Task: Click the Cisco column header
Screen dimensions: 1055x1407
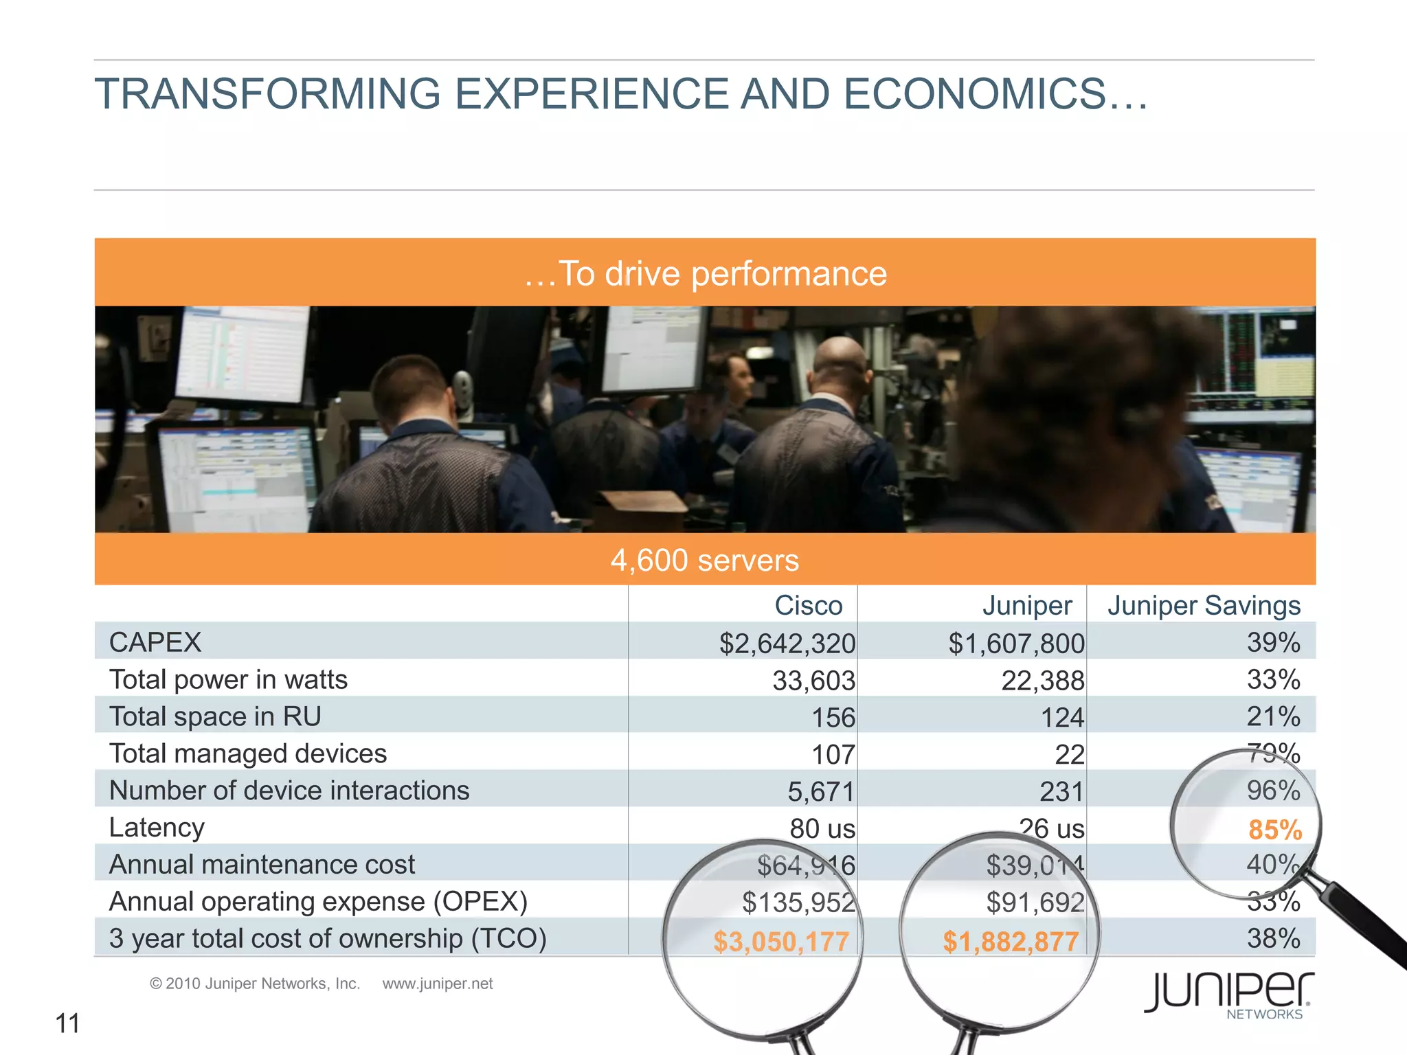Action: pos(808,605)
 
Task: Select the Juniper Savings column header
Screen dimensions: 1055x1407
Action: pos(1204,605)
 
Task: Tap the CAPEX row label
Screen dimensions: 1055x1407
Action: pos(155,642)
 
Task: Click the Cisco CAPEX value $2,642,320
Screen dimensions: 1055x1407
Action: pos(787,644)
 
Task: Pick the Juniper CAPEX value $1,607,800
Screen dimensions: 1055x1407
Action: pos(1016,644)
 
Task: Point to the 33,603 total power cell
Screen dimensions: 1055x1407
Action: pos(813,681)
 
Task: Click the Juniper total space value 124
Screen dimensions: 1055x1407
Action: pos(1062,718)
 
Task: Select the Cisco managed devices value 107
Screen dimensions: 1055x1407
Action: pos(833,755)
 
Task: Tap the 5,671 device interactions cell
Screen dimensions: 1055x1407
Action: pos(820,791)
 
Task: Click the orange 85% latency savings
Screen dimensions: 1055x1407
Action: pos(1275,830)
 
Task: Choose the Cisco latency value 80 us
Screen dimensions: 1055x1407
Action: pos(822,828)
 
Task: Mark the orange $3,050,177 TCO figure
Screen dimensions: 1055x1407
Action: pos(781,941)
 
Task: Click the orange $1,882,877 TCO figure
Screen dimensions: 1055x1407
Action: pos(1011,941)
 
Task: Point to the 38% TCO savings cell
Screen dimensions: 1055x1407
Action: pos(1274,938)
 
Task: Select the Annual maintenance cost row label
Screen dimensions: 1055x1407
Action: pos(262,864)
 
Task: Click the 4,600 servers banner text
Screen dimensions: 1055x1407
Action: pos(705,560)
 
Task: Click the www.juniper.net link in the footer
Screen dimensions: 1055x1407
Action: pos(438,984)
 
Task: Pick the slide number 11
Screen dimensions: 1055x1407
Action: pos(67,1023)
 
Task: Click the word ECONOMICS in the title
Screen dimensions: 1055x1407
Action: pos(974,93)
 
